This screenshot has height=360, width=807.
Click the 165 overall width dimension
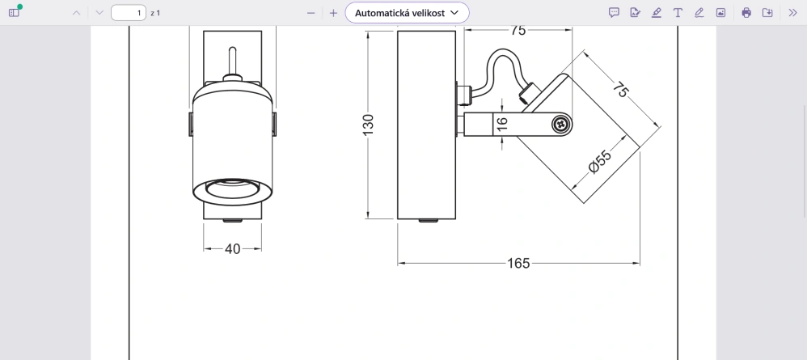[x=518, y=263]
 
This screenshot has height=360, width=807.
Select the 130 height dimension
[x=369, y=125]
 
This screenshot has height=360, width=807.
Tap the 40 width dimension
[x=233, y=248]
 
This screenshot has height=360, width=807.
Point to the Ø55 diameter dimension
[x=600, y=162]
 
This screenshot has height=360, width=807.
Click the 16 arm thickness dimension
[x=502, y=123]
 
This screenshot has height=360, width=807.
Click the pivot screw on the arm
[x=561, y=124]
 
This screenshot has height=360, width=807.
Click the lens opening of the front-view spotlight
[x=231, y=188]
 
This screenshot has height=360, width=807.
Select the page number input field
[x=129, y=13]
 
